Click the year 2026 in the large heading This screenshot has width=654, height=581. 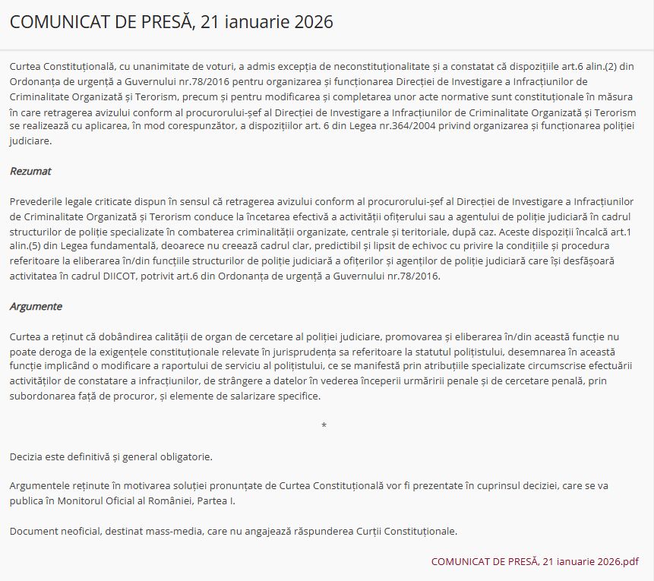click(311, 22)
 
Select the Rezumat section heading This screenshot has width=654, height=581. click(30, 171)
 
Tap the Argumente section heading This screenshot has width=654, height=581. click(36, 307)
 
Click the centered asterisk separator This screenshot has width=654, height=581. click(324, 426)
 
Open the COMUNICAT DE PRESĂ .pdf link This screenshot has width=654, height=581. click(535, 561)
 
